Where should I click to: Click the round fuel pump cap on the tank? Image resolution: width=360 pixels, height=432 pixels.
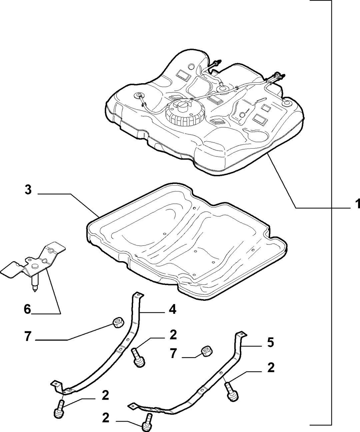pos(185,113)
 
